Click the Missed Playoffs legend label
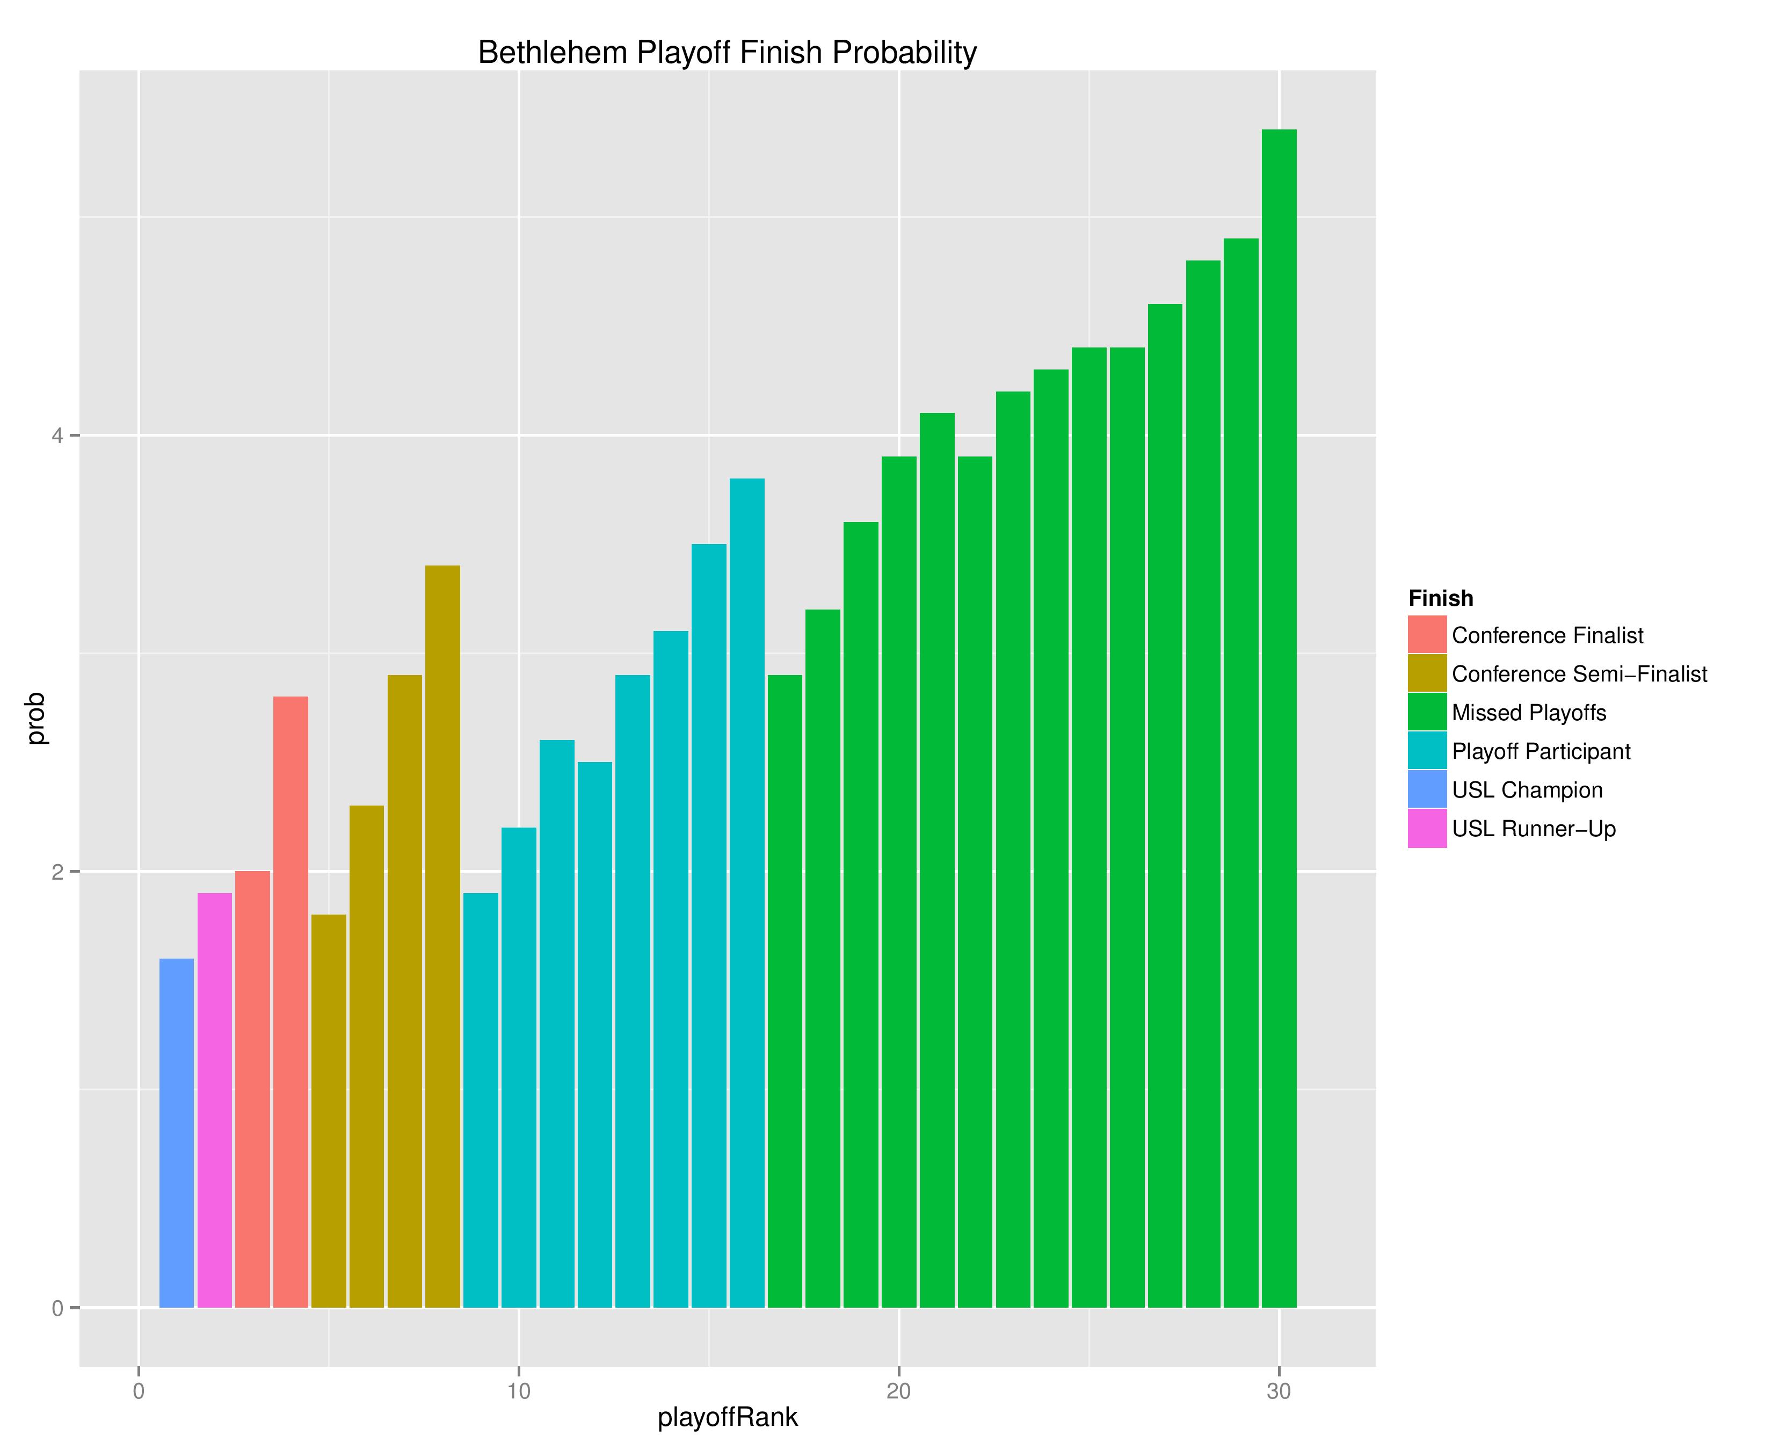click(x=1529, y=713)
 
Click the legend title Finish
click(x=1441, y=599)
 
